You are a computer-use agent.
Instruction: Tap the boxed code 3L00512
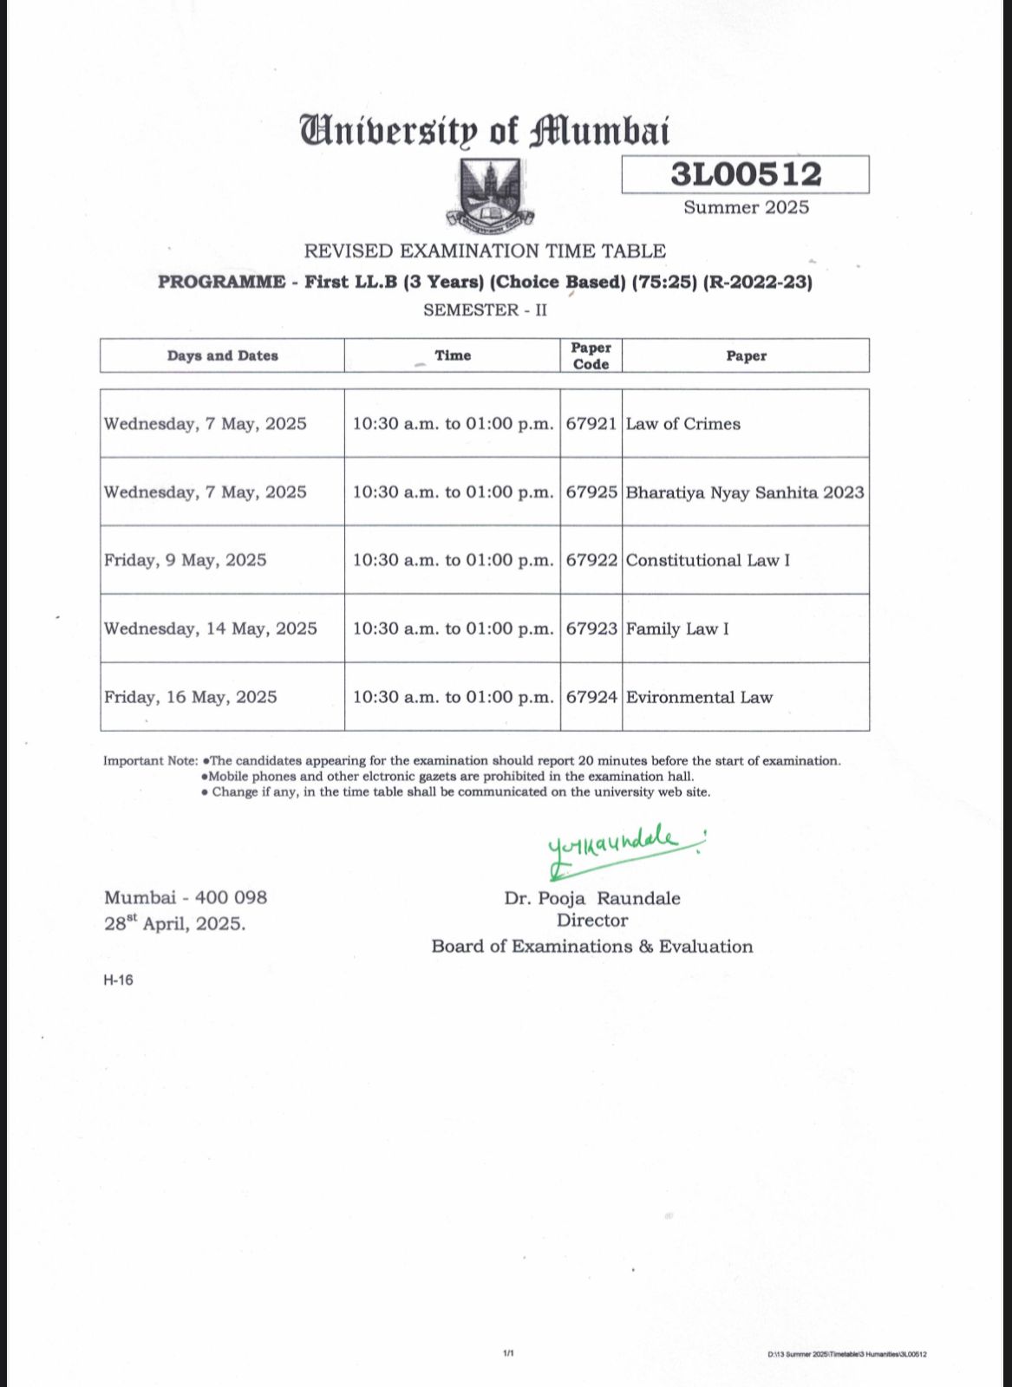pos(745,174)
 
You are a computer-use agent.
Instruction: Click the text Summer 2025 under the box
pos(746,207)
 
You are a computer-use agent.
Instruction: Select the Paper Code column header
pos(591,355)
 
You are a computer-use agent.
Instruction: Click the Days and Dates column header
pos(222,355)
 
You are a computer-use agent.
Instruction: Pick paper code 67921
pos(591,424)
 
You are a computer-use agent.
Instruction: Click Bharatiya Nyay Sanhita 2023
pos(745,492)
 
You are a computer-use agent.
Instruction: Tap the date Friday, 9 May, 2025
pos(185,560)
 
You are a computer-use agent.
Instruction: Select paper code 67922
pos(591,560)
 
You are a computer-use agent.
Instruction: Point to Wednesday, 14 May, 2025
pos(210,628)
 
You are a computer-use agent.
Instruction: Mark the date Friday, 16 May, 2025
pos(190,697)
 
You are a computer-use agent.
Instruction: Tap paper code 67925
pos(591,492)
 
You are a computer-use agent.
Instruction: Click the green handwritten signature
pos(620,846)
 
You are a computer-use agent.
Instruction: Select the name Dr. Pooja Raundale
pos(592,898)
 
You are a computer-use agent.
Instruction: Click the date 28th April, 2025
pos(174,923)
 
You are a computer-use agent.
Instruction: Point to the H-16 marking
pos(118,980)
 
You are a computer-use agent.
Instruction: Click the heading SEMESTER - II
pos(485,310)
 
